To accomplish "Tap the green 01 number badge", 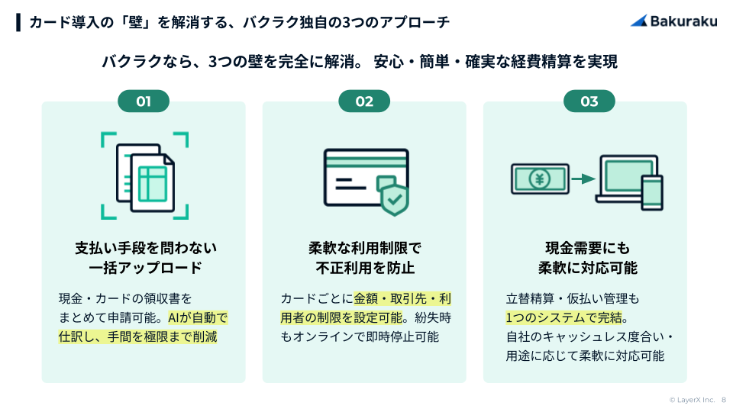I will pos(144,101).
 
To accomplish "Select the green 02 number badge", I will pos(364,101).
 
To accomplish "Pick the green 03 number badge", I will pos(589,101).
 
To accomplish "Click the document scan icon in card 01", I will pos(144,175).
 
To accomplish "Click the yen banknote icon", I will pos(540,179).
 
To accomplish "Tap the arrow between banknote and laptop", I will pos(583,179).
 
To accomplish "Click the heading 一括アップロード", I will pos(144,268).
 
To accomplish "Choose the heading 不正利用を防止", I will pos(365,268).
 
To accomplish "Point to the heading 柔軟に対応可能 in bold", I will pos(588,268).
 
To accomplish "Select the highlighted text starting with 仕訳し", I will pos(137,336).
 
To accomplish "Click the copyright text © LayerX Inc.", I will pos(692,400).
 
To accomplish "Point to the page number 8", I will pos(724,400).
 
